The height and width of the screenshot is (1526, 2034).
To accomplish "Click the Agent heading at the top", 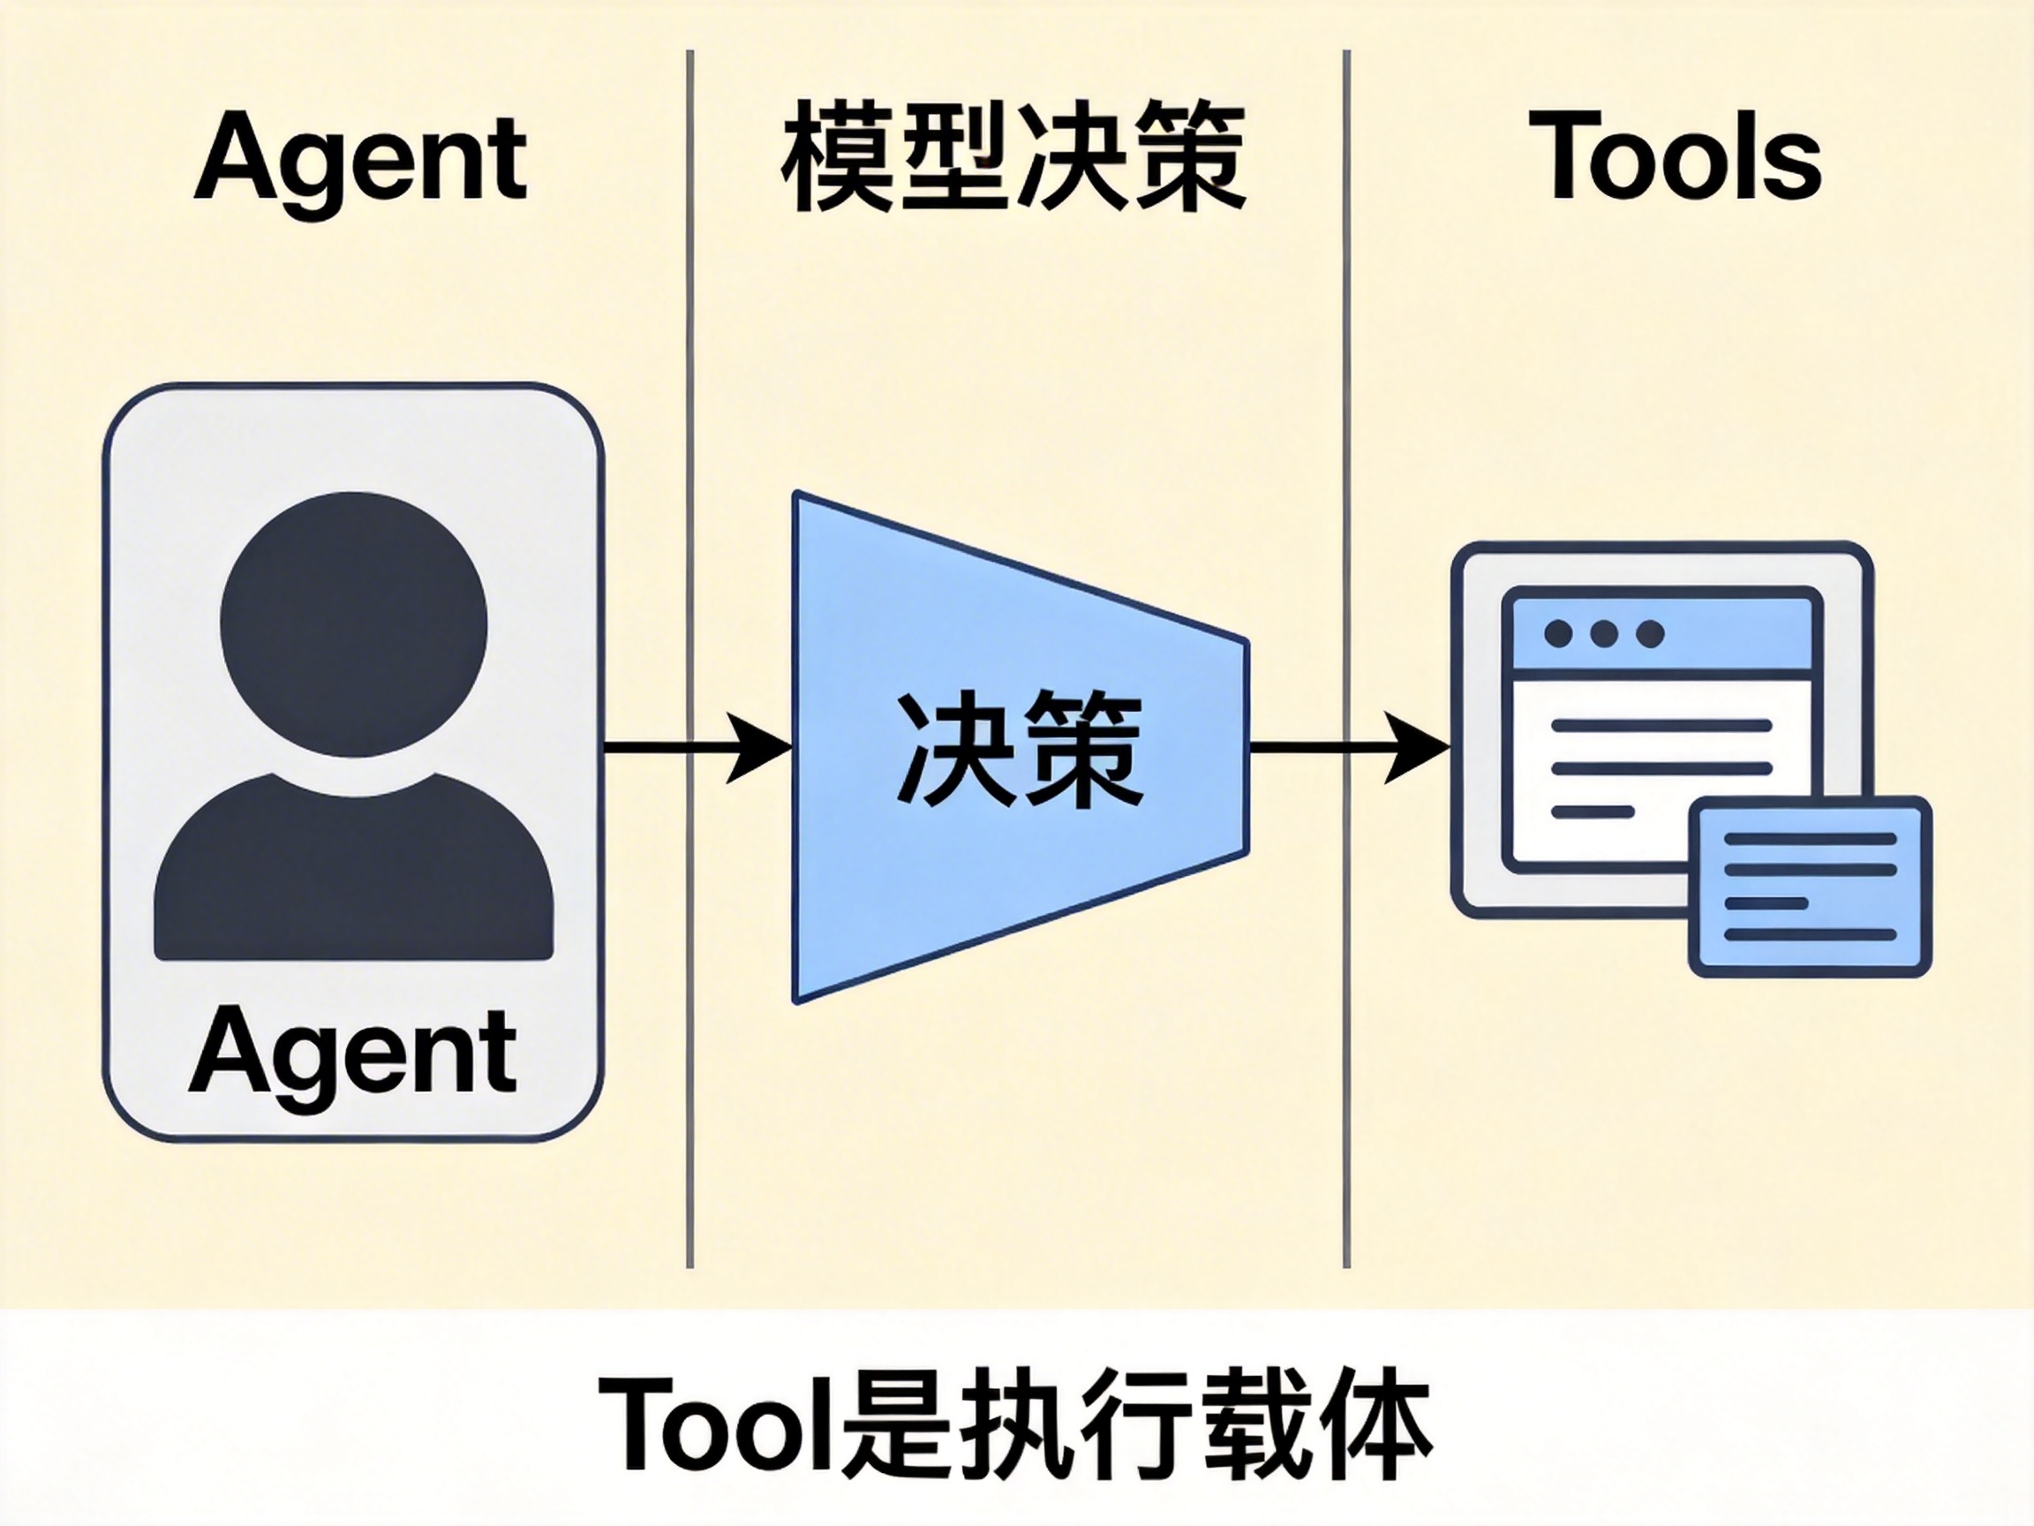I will tap(360, 158).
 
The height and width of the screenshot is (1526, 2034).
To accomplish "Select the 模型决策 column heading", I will tap(1014, 158).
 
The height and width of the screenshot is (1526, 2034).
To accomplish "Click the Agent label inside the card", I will tap(353, 1050).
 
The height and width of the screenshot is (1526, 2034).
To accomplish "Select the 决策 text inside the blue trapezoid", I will tap(1019, 750).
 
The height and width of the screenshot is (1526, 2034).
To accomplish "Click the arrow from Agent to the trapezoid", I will tap(699, 747).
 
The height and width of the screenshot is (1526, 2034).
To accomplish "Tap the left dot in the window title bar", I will tap(1557, 634).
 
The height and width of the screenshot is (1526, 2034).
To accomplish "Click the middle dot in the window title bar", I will tap(1604, 634).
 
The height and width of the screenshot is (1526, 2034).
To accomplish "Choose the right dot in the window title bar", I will tap(1651, 634).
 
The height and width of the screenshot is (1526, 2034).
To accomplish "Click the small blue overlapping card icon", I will tap(1810, 887).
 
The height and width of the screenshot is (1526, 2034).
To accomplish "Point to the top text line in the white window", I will tap(1661, 726).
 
